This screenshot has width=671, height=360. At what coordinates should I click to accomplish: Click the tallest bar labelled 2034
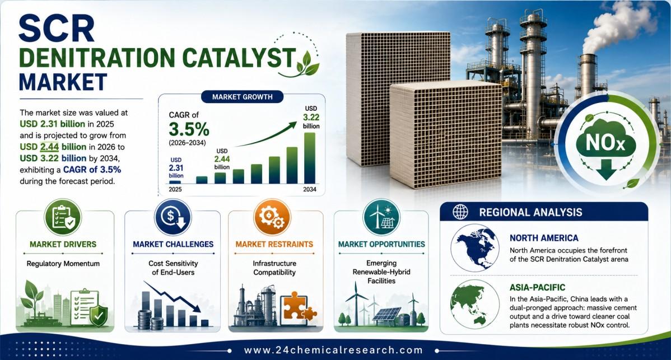click(309, 158)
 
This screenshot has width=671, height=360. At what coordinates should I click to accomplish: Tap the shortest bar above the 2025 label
click(175, 182)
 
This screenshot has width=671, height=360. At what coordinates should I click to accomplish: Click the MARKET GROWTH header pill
click(242, 97)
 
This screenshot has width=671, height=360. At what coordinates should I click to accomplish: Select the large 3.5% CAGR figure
click(189, 129)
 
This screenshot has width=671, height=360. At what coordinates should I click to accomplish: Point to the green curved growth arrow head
click(292, 125)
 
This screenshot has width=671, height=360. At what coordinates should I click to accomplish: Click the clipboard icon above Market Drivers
click(63, 217)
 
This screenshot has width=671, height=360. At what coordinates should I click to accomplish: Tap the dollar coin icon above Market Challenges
click(173, 217)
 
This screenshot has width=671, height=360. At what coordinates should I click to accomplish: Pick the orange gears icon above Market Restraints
click(272, 217)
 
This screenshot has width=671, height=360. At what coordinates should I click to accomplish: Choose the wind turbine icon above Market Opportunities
click(381, 217)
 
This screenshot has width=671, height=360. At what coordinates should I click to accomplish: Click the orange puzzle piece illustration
click(299, 306)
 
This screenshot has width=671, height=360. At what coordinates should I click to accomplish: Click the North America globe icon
click(475, 248)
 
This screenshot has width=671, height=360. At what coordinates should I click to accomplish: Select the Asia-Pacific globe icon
click(475, 304)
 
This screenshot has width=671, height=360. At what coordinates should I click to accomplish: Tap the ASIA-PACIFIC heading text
click(538, 288)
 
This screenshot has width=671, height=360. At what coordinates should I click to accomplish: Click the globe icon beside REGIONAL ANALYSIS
click(460, 212)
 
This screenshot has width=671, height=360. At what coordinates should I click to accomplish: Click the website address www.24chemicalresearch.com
click(333, 350)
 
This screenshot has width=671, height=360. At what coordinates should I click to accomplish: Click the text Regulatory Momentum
click(63, 264)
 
